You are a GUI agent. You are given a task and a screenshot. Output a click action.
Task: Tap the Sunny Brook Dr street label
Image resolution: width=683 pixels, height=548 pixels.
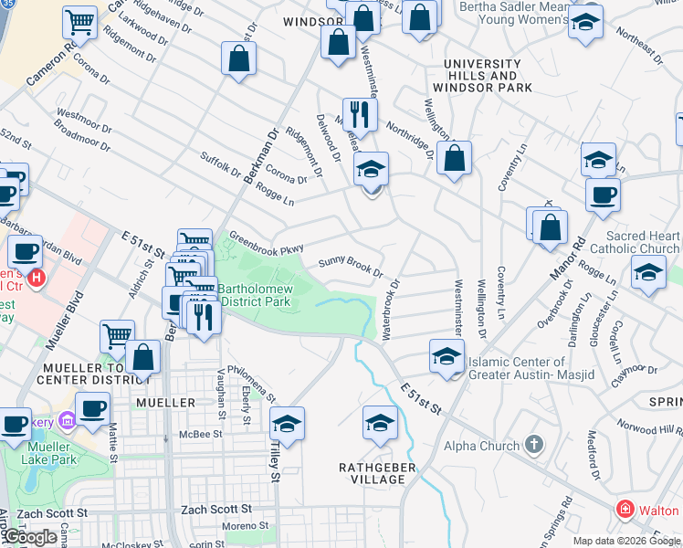(350, 267)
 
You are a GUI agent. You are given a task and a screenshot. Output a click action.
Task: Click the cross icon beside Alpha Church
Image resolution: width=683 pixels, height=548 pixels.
(535, 446)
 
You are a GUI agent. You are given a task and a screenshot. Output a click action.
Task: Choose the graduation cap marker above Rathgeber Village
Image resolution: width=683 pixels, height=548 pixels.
(380, 422)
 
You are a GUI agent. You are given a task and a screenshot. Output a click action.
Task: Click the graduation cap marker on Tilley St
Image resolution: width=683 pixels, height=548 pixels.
(287, 424)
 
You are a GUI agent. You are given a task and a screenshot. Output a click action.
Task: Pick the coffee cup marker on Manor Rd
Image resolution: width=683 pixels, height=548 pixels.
(602, 195)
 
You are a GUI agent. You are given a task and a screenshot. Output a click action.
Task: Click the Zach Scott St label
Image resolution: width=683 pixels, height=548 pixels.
(216, 509)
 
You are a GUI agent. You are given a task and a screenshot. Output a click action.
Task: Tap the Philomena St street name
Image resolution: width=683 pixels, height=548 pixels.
(258, 385)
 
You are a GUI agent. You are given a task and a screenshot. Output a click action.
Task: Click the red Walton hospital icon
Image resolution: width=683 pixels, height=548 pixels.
(625, 510)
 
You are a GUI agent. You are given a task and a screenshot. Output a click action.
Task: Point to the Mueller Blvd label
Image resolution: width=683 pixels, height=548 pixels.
(63, 320)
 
